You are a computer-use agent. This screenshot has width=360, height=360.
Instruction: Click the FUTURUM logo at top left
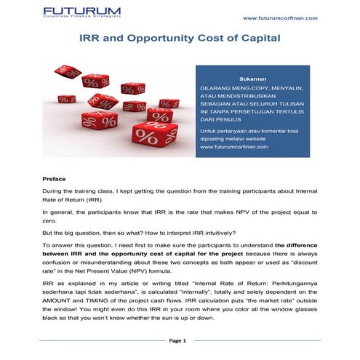pyautogui.click(x=81, y=11)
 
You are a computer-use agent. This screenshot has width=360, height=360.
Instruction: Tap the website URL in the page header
pyautogui.click(x=279, y=17)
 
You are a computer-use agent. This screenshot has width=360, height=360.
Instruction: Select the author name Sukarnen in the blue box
pyautogui.click(x=252, y=76)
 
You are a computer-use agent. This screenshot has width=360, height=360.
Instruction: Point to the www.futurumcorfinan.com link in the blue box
pyautogui.click(x=234, y=147)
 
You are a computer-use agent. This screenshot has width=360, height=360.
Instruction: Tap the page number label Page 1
pyautogui.click(x=177, y=340)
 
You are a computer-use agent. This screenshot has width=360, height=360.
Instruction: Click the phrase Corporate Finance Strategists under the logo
pyautogui.click(x=81, y=20)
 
